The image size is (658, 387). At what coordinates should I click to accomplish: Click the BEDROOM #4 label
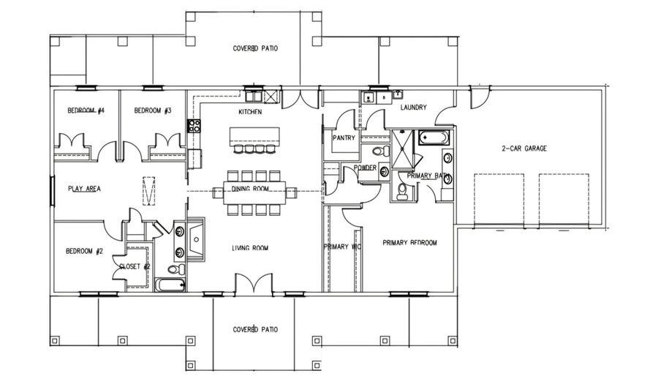tap(86, 110)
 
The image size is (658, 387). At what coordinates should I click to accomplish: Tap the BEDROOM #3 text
tap(152, 110)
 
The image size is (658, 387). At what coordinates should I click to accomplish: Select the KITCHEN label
tap(250, 112)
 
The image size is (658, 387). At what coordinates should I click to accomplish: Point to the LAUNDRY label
tap(414, 108)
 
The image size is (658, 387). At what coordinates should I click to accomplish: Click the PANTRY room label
tap(344, 138)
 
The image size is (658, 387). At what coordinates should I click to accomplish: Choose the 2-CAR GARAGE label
tap(524, 149)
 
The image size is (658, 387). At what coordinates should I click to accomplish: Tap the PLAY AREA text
tap(84, 189)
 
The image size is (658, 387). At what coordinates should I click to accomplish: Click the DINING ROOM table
tap(250, 193)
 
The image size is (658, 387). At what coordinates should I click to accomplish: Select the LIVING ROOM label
tap(250, 249)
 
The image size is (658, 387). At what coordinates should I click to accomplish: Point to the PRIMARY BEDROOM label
tap(410, 243)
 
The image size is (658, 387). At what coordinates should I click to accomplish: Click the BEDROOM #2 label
tap(83, 251)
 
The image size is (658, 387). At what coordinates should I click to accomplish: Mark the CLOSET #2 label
tap(135, 267)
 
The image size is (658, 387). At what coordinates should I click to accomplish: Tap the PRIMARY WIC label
tap(342, 247)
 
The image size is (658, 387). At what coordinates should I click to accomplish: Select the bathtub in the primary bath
tap(436, 137)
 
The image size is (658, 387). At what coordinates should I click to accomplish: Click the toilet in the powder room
tap(379, 151)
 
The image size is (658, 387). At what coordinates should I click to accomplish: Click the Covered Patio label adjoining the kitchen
tap(255, 49)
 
